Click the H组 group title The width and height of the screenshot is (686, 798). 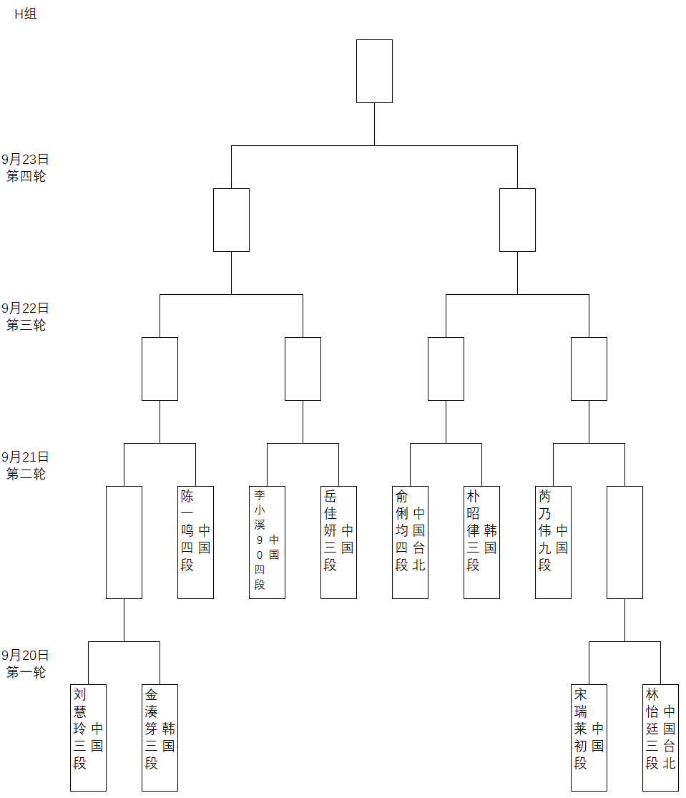[26, 14]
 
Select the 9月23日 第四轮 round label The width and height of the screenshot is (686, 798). [26, 167]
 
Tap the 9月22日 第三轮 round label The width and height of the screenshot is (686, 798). [26, 316]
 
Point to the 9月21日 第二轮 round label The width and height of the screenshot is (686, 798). [26, 465]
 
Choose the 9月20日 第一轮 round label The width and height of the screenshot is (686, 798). [26, 663]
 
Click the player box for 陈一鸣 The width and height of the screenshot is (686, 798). [195, 542]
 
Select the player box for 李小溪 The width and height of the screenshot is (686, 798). [267, 542]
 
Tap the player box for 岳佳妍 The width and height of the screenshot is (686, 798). [338, 542]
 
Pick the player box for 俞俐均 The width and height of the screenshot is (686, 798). [410, 542]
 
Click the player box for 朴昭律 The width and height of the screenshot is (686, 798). [481, 542]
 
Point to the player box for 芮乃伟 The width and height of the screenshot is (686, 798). [553, 542]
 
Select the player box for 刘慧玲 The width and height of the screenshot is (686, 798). [88, 737]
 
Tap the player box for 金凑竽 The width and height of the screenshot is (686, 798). [160, 737]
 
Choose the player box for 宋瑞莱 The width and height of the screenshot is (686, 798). [589, 737]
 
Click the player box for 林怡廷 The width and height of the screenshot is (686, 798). [660, 737]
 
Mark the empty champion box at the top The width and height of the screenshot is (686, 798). [374, 71]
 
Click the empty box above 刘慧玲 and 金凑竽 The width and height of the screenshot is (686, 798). [124, 542]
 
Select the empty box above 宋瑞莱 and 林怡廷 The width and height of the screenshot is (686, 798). [624, 542]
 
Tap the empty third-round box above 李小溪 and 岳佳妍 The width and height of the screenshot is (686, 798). [303, 369]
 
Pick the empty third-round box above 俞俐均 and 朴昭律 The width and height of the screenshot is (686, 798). [446, 369]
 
